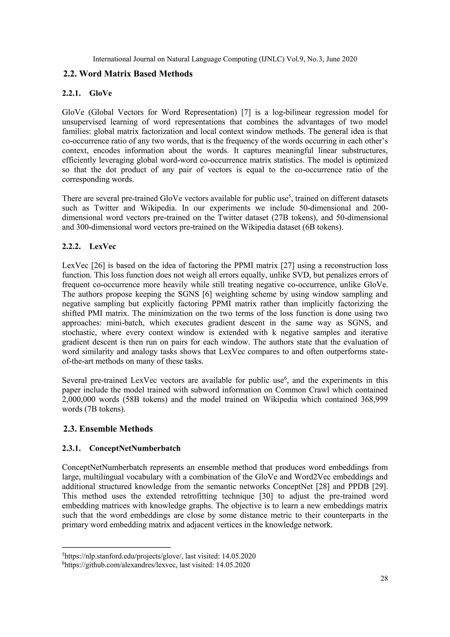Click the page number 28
tap(384, 578)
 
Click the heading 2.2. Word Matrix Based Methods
tap(128, 74)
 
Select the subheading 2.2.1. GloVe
tap(87, 93)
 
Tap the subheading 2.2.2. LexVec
tap(89, 246)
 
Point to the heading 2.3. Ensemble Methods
tap(108, 429)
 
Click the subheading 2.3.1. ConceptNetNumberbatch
tap(121, 448)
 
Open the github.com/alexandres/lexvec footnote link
tap(120, 565)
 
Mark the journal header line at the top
tap(225, 59)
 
